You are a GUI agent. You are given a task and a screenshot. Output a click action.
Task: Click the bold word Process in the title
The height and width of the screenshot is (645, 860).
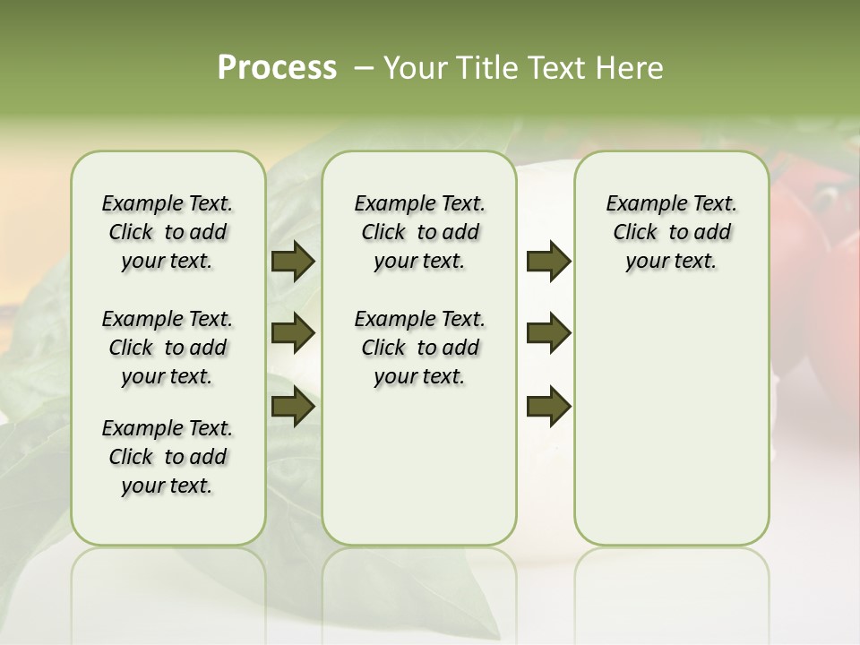point(277,68)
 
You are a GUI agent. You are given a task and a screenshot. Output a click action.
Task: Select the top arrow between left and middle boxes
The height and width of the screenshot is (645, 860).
point(293,262)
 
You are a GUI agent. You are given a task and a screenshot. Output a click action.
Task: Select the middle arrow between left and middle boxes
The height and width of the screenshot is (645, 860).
point(293,333)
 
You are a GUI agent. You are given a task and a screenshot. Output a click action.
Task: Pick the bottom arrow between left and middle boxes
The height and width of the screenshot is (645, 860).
point(293,407)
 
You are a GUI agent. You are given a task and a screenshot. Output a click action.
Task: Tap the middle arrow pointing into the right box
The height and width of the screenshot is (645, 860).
point(548,333)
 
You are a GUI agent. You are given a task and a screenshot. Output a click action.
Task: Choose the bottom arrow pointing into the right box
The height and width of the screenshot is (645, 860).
point(548,407)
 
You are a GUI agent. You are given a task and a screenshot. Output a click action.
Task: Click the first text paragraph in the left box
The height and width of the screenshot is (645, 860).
point(168,232)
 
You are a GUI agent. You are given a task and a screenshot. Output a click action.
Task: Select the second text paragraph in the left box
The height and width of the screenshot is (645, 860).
point(168,348)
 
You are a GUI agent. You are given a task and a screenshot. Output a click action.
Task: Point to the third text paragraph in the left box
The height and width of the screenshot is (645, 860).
point(168,457)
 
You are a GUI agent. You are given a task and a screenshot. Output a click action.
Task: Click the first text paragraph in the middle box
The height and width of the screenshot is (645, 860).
point(419,232)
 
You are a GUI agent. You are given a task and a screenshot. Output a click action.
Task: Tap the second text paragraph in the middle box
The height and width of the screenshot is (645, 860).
point(419,348)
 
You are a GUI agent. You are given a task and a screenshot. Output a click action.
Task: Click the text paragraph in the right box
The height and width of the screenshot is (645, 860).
point(671,232)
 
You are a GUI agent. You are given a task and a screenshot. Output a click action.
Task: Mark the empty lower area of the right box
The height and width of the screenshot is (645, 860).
point(671,421)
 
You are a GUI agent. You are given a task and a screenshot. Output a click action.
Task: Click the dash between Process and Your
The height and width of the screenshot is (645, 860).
point(363,69)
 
